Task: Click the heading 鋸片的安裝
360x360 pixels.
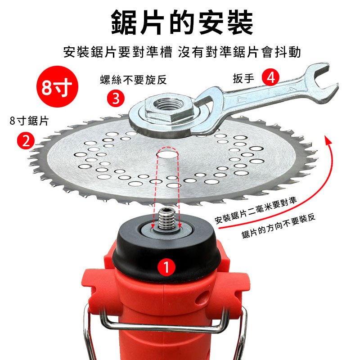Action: click(x=182, y=22)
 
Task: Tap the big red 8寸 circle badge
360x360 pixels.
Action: click(x=58, y=86)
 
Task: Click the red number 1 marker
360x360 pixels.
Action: click(x=166, y=267)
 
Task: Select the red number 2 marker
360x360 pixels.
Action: click(x=26, y=141)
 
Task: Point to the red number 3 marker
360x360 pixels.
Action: click(x=116, y=98)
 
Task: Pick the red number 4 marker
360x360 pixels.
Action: click(x=271, y=77)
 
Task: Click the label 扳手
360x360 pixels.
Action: click(x=243, y=78)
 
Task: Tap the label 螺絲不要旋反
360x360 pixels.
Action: click(x=133, y=80)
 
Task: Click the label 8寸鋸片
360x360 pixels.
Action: click(x=29, y=121)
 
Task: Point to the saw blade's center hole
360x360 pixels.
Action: click(x=167, y=153)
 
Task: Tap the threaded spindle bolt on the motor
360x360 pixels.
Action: click(x=166, y=220)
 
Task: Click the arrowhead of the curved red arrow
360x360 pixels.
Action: click(x=329, y=140)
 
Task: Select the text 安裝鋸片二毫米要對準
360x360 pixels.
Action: click(x=256, y=210)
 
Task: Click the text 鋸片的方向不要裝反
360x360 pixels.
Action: click(x=279, y=226)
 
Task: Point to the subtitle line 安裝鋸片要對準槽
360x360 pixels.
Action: click(x=118, y=52)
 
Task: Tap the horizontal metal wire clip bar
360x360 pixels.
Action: click(x=162, y=326)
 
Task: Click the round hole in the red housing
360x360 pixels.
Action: click(x=204, y=298)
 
